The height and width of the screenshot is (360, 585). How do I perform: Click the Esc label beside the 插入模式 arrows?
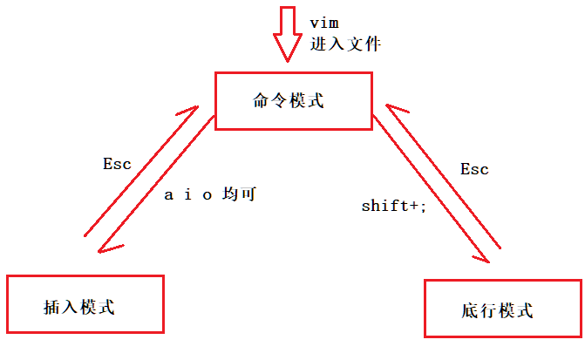pos(116,163)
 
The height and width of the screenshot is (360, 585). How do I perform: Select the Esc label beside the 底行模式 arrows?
pos(474,168)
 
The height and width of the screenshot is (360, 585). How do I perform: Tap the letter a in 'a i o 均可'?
pos(170,194)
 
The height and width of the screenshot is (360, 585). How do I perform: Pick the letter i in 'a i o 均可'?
pos(189,194)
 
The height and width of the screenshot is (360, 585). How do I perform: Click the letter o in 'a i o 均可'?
pos(207,194)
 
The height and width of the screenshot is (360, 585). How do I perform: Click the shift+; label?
pos(394,207)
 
